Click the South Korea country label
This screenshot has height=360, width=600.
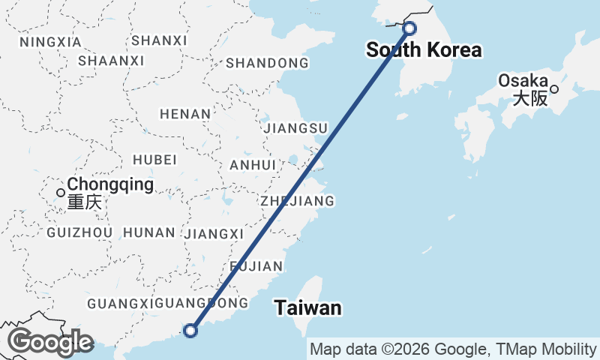424,51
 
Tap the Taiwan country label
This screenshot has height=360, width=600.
307,308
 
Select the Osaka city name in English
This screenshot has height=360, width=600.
523,80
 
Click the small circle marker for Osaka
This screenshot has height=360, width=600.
554,89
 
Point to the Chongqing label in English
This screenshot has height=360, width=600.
110,184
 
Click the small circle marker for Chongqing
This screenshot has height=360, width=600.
61,193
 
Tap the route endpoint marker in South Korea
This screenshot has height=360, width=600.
409,28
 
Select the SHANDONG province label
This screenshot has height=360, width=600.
267,63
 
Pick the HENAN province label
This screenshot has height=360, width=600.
185,114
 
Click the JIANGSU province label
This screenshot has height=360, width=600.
295,128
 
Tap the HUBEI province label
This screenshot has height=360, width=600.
154,160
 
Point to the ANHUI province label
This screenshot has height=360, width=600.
254,165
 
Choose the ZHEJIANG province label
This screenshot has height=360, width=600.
297,201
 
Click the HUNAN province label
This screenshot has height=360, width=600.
148,232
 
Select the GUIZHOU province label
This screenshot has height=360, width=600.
79,232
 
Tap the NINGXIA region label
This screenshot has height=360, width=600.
51,42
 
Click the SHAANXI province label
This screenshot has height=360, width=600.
111,60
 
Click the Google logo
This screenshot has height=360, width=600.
50,342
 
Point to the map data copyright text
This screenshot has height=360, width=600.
453,349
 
